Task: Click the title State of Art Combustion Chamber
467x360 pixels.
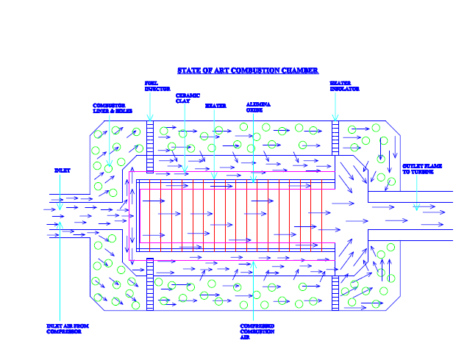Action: [x=248, y=71]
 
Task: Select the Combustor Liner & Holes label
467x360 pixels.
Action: [x=113, y=108]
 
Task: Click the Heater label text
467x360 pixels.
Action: [x=215, y=106]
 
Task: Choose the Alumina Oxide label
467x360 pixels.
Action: [x=258, y=107]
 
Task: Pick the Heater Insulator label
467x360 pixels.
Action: [x=343, y=86]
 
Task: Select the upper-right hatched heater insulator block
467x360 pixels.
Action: [x=335, y=137]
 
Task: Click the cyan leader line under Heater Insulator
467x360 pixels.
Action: [x=335, y=107]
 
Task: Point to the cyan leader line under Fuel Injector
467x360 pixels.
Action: [x=150, y=107]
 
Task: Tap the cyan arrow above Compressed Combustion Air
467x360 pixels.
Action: [x=253, y=294]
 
